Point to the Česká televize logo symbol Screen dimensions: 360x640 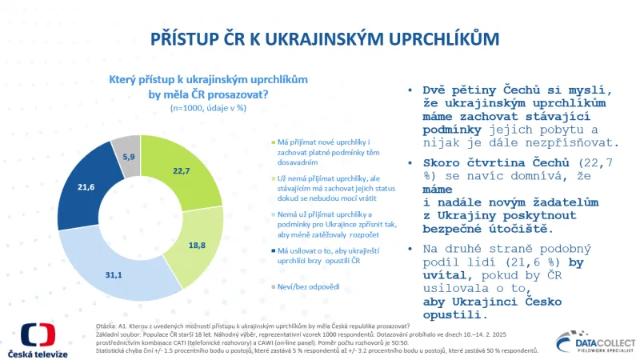tap(38, 336)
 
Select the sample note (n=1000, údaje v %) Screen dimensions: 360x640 tap(207, 106)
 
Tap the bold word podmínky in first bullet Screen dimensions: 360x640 tap(453, 130)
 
